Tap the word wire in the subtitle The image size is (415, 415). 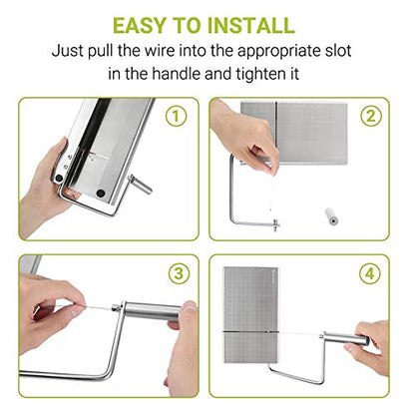pos(160,51)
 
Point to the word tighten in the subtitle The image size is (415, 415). pos(257,74)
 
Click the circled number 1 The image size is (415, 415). pos(177,116)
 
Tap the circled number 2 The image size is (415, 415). pos(371,116)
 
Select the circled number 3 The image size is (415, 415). pos(179,273)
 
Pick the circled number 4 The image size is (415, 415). pos(370,273)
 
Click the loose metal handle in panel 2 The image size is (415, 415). pos(332,216)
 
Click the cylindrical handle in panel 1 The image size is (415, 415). pos(141,185)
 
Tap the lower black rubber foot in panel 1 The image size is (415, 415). pos(100,193)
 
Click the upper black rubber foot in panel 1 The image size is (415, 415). pos(59,178)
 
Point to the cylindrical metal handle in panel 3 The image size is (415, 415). pos(153,311)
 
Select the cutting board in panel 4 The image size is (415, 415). pos(250,314)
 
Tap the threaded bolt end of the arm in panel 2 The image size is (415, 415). pos(275,225)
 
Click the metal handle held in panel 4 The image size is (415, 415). pos(346,340)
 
